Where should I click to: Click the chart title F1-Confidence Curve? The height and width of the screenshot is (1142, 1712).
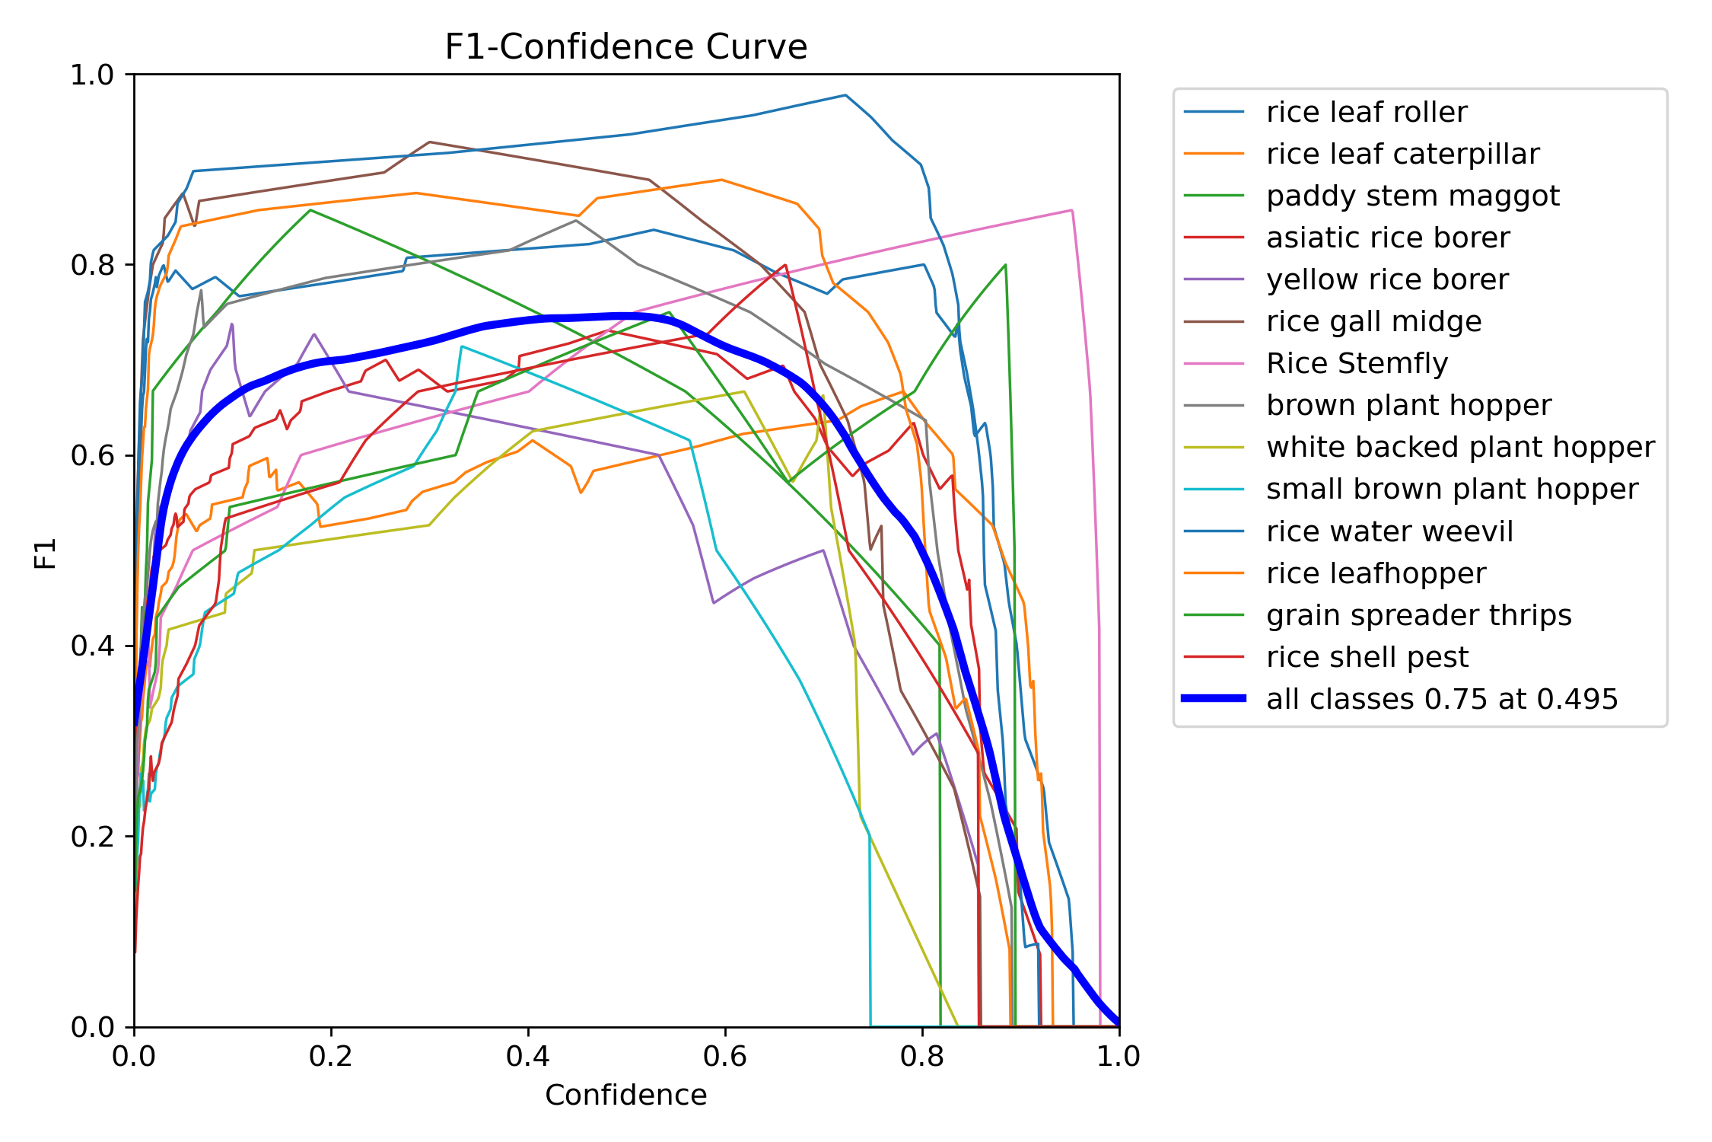coord(625,47)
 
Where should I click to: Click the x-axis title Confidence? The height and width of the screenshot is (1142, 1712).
coord(625,1095)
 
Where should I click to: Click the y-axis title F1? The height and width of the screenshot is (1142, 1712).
coord(46,553)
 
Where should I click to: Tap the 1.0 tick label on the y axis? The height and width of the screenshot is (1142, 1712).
coord(91,75)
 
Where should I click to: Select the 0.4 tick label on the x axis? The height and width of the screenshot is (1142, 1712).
coord(528,1056)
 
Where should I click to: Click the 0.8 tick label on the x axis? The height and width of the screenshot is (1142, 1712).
coord(922,1056)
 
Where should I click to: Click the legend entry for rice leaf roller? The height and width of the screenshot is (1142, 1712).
coord(1367,112)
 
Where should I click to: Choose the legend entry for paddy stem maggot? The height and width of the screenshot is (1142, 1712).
coord(1412,196)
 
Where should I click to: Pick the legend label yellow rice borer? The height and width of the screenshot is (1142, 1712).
coord(1387,279)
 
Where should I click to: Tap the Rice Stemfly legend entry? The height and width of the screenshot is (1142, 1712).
coord(1357,363)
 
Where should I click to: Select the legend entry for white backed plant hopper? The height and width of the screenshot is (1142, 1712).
coord(1460,447)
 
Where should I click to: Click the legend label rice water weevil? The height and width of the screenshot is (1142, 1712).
coord(1389,531)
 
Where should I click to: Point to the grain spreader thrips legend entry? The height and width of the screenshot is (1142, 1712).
coord(1418,615)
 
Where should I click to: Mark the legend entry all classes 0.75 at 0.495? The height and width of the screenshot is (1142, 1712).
coord(1442,699)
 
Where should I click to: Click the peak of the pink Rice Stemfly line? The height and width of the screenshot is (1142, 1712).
coord(1071,210)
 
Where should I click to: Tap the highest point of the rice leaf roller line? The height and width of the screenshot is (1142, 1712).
coord(845,95)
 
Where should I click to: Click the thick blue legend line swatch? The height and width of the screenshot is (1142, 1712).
coord(1214,698)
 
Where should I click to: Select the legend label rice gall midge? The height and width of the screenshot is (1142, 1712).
coord(1373,321)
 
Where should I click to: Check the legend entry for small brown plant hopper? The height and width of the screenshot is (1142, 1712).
coord(1452,489)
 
